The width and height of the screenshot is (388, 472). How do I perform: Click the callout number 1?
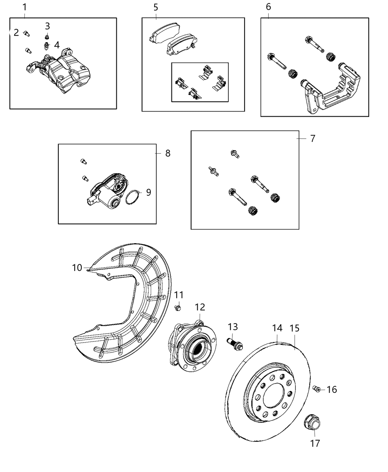tap(24, 7)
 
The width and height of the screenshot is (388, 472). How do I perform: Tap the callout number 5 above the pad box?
tap(156, 7)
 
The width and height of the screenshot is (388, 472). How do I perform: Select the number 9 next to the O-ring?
tap(148, 192)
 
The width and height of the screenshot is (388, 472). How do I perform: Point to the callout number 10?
tap(77, 267)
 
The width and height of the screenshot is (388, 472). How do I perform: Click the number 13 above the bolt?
tap(233, 327)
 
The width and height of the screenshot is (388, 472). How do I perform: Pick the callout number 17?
tap(315, 443)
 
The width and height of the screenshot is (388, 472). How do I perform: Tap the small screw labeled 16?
tap(316, 389)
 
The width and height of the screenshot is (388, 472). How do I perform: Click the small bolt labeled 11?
tap(178, 308)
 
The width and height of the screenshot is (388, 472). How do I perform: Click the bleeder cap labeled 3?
tap(47, 37)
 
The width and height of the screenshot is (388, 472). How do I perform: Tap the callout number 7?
tap(313, 138)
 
